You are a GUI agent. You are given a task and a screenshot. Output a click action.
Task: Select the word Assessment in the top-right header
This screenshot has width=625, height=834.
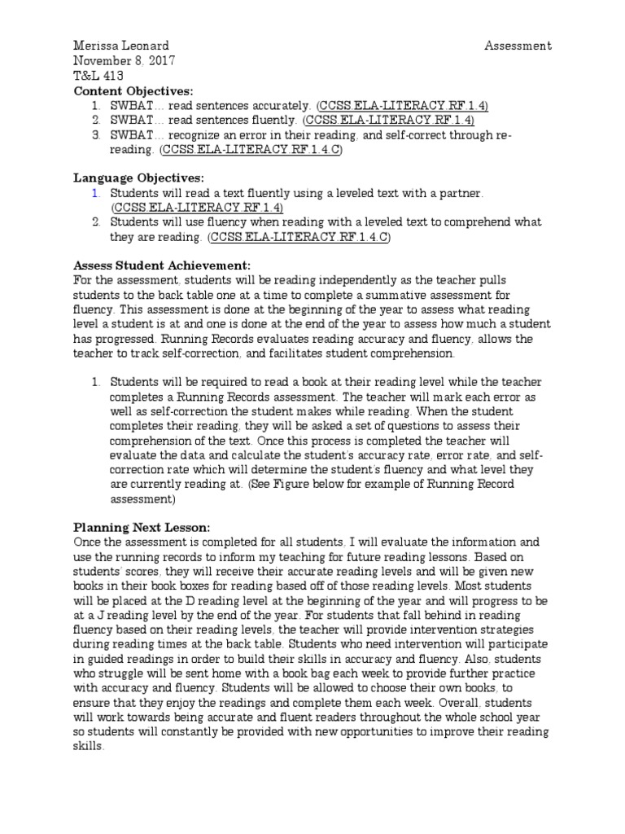click(518, 46)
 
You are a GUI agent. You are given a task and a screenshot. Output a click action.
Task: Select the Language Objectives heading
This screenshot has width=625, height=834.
click(139, 178)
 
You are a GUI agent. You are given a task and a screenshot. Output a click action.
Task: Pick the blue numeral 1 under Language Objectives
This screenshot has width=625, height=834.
click(94, 193)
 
